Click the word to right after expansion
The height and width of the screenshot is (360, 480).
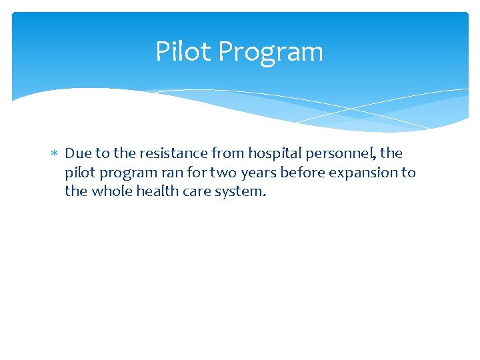coord(408,173)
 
